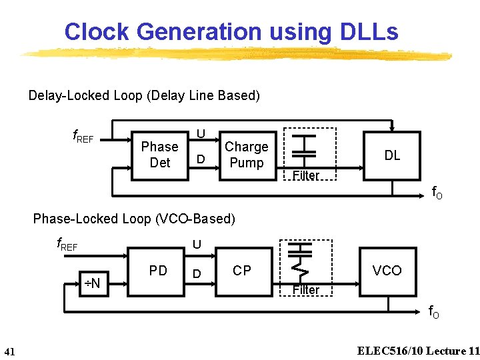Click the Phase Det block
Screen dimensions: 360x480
(159, 155)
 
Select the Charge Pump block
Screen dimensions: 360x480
(246, 155)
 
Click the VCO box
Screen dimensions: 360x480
(387, 271)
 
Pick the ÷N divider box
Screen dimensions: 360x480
(91, 283)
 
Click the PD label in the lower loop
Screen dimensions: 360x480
(158, 271)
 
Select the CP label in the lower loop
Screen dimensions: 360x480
(242, 271)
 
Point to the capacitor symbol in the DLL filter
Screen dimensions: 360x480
(305, 146)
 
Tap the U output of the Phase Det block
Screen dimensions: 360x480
(200, 134)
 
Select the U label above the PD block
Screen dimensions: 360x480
(197, 245)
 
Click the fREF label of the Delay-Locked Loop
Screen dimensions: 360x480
(83, 137)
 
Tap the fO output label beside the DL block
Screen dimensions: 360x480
(437, 194)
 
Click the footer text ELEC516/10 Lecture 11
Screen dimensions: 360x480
(418, 351)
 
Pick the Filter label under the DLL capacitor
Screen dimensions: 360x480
(306, 176)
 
